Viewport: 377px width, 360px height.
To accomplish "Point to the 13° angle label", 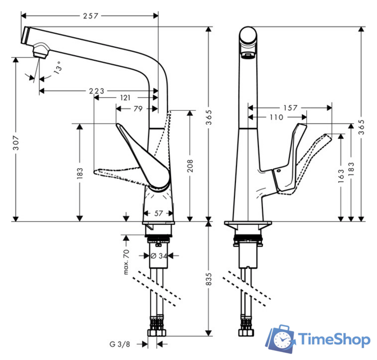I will [57, 70].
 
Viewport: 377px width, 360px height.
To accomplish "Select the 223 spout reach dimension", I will [98, 91].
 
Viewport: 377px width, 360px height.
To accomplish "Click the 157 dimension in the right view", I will [290, 107].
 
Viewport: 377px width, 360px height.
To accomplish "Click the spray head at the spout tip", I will [40, 52].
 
